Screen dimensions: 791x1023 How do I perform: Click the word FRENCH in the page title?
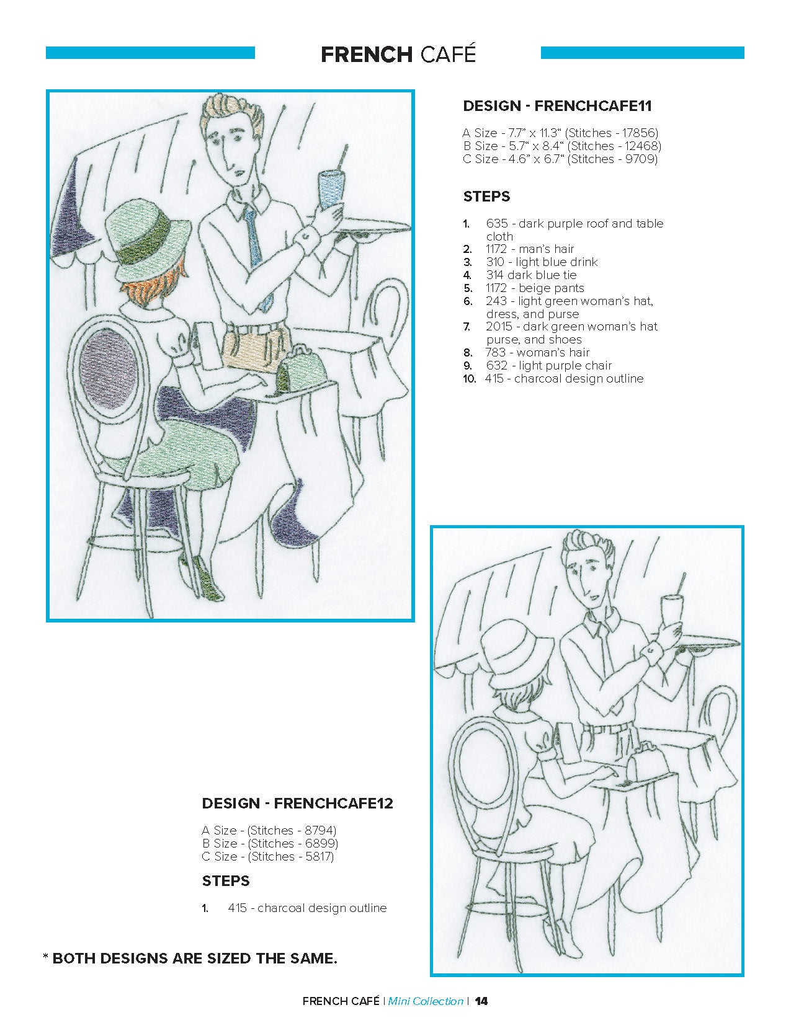click(x=367, y=55)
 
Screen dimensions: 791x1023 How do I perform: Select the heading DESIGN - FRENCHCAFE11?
click(x=557, y=106)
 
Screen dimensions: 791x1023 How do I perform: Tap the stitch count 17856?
click(x=638, y=133)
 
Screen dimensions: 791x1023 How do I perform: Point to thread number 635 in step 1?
click(x=497, y=223)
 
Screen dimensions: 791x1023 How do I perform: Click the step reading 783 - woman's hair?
click(x=537, y=352)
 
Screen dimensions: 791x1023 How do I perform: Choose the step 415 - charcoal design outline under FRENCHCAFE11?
click(x=564, y=378)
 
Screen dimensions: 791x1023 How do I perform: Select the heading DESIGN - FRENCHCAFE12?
click(x=297, y=803)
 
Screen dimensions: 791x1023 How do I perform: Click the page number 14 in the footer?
click(x=481, y=1001)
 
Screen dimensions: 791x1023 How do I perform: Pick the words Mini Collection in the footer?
click(x=426, y=1001)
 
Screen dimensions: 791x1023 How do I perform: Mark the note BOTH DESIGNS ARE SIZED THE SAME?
click(x=195, y=958)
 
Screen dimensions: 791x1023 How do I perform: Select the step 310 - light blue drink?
click(x=542, y=262)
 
